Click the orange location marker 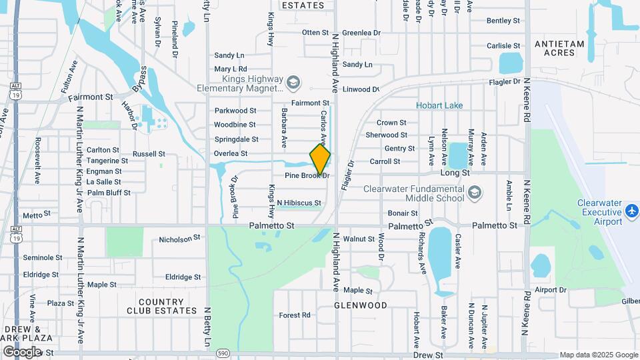320,159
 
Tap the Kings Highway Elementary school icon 293,83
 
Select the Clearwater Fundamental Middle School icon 474,193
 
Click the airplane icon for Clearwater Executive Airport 632,211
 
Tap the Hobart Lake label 439,105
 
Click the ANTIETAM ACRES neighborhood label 559,49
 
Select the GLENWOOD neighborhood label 361,305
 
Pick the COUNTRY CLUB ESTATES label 167,306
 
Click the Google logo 22,352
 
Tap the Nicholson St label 179,238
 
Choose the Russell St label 148,153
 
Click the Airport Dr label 550,290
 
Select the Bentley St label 503,21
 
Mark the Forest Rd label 295,315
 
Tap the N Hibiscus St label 299,203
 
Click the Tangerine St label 107,161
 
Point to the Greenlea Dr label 361,32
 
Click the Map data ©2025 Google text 599,355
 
